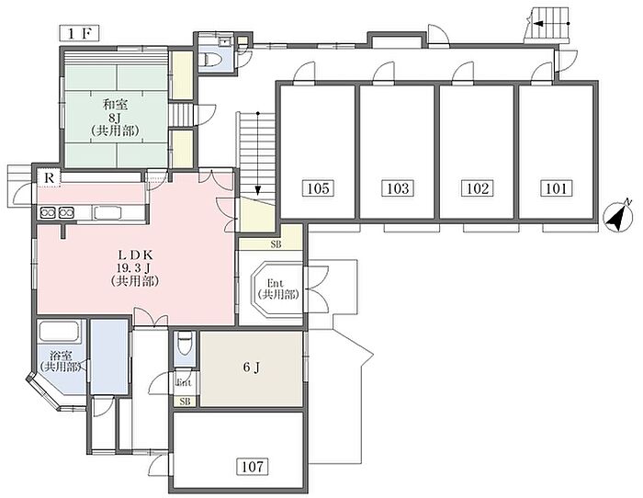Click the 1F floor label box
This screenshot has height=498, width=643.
(80, 33)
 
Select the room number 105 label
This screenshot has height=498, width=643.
(318, 188)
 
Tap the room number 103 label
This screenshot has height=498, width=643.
(398, 188)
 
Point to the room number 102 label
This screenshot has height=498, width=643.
(478, 188)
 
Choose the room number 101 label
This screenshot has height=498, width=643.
(556, 188)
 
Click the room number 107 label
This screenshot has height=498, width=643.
(253, 467)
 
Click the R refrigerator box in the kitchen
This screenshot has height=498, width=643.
(50, 178)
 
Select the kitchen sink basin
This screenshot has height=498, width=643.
(107, 213)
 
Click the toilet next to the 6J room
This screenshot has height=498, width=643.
(183, 345)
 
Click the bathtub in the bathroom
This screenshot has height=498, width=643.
(59, 332)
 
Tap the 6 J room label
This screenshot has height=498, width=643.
(252, 368)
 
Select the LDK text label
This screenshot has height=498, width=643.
(135, 255)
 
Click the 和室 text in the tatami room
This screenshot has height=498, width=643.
(115, 105)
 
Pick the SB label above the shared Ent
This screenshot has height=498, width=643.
(276, 245)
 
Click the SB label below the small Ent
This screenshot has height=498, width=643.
(185, 402)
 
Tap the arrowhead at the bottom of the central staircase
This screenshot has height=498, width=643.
(257, 190)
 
